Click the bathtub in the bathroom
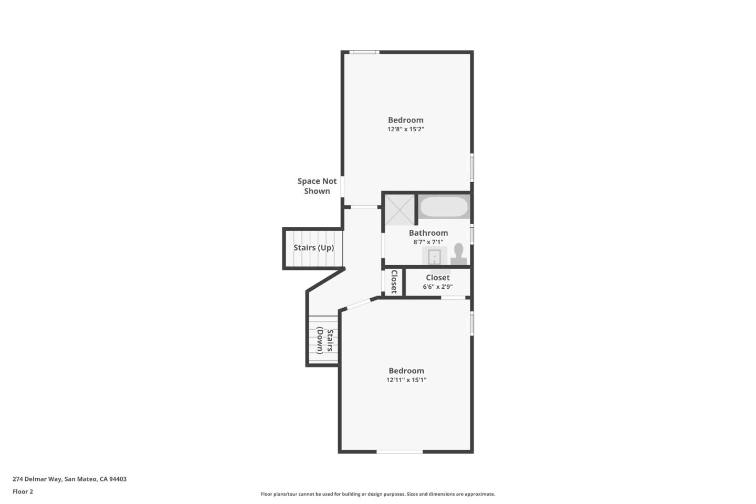coord(444,207)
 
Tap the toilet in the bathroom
coord(459,254)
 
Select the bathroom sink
coord(434,257)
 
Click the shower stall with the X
coord(400,209)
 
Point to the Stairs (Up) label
coord(313,248)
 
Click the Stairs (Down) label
coord(325,341)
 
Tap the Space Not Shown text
coord(317,186)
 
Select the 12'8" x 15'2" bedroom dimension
coord(406,129)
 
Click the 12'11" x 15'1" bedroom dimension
coord(406,380)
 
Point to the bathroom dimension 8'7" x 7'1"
coord(428,241)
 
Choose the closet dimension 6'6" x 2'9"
coord(438,287)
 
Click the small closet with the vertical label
coord(394,282)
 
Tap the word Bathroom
coord(428,233)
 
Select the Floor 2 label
coord(23,491)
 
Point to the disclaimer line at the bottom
coord(377,494)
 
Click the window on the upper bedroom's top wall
coord(364,52)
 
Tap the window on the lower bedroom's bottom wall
coord(400,451)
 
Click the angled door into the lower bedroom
coord(359,304)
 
